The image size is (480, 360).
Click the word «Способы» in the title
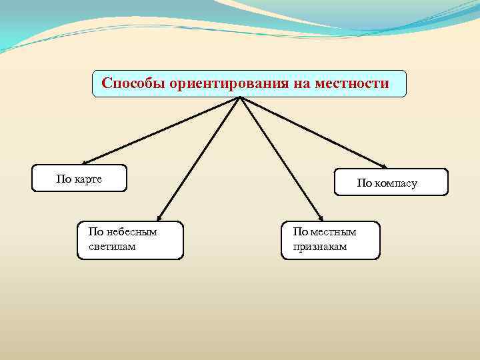coord(133,83)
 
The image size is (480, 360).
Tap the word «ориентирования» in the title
coord(227,83)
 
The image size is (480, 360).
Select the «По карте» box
coord(79,178)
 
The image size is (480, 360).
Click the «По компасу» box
coord(391,182)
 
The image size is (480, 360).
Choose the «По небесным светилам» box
coord(130,240)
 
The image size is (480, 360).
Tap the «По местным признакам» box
coord(331,240)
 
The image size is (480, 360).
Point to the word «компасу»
coord(397,183)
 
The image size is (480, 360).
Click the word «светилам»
coord(111,247)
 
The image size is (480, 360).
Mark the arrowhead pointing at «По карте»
coord(84,162)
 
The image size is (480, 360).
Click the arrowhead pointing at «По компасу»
coord(384,166)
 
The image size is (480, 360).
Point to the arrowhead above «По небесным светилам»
coord(158,217)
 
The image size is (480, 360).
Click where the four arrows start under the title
coord(240,99)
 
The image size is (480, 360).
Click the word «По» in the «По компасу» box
coord(365,183)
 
